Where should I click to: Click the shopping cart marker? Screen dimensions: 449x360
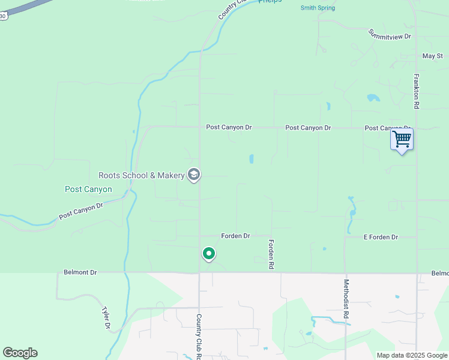pyautogui.click(x=402, y=140)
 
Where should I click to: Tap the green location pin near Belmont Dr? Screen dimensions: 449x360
pyautogui.click(x=208, y=254)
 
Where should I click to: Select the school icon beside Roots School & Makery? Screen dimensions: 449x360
pyautogui.click(x=193, y=175)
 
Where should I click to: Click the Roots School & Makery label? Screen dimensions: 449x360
pyautogui.click(x=141, y=175)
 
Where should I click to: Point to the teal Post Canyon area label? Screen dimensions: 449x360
pyautogui.click(x=88, y=189)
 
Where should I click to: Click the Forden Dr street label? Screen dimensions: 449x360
pyautogui.click(x=235, y=236)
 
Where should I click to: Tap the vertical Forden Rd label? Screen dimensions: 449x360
pyautogui.click(x=271, y=254)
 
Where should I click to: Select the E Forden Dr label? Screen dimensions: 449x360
pyautogui.click(x=381, y=238)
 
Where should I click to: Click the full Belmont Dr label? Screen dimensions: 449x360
pyautogui.click(x=80, y=272)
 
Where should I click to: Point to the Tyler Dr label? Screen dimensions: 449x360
pyautogui.click(x=106, y=318)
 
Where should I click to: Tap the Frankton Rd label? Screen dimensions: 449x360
pyautogui.click(x=416, y=91)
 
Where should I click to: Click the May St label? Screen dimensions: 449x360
pyautogui.click(x=432, y=56)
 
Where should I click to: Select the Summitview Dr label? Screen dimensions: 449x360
pyautogui.click(x=390, y=34)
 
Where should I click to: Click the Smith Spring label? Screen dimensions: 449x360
pyautogui.click(x=318, y=8)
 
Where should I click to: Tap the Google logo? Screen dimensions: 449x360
pyautogui.click(x=20, y=353)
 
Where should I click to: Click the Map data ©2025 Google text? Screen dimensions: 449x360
pyautogui.click(x=411, y=355)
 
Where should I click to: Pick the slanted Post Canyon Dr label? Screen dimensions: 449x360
pyautogui.click(x=81, y=210)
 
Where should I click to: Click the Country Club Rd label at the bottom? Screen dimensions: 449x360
pyautogui.click(x=198, y=335)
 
